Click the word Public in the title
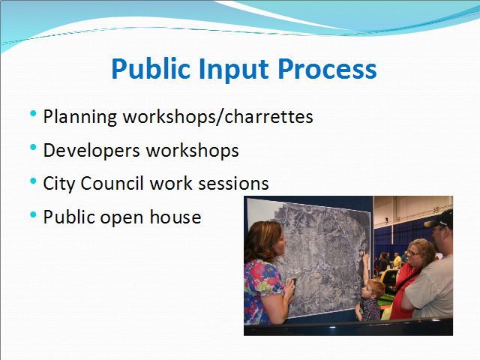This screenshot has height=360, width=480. pos(151,69)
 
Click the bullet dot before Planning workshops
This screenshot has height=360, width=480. pos(33,114)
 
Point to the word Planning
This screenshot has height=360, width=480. pos(80,117)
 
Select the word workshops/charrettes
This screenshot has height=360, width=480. pos(218,117)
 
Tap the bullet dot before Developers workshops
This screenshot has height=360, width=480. pos(33,148)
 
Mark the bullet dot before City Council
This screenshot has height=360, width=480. pos(33,181)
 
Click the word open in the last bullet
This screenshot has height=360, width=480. pos(121,218)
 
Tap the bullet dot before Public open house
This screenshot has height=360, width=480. pos(33,214)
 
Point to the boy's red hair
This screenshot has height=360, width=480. pos(374,287)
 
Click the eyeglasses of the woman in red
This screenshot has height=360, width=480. pos(414,253)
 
